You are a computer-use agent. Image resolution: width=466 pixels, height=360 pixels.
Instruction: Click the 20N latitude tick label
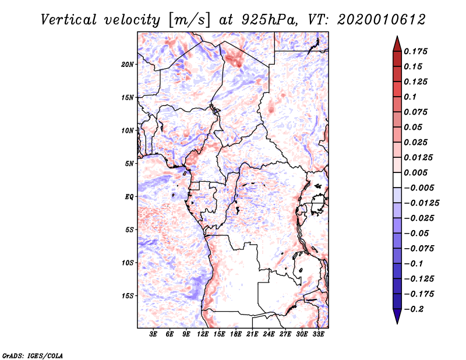pos(127,65)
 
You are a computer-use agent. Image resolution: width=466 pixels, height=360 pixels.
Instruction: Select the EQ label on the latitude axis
pos(129,197)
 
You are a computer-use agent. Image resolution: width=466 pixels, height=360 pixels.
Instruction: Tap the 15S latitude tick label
pos(127,296)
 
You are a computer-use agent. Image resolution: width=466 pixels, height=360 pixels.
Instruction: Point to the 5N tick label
pos(129,164)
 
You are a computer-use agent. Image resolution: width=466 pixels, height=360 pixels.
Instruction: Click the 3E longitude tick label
pos(153,334)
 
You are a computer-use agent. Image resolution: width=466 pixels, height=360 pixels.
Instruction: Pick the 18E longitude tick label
pos(236,334)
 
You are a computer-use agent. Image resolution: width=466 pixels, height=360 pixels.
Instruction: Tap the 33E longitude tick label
pos(318,334)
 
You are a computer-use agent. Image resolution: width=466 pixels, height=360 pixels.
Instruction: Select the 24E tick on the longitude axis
pos(269,334)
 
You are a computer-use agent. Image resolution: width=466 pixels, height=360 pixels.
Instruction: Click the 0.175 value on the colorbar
pos(415,51)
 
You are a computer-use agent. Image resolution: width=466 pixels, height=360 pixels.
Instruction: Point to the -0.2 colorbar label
pos(414,309)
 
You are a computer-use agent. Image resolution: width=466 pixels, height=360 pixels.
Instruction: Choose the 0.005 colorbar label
pos(415,172)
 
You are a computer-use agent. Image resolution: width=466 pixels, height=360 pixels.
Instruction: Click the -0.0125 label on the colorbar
pos(421,203)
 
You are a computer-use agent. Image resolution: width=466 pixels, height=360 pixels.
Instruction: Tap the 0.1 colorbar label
pos(410,97)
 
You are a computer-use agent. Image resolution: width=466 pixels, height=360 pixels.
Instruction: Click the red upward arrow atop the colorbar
pos(397,44)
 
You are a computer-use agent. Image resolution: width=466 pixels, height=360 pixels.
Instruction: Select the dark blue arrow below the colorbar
pos(397,316)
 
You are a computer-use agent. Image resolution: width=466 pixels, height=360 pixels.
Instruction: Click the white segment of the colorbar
pos(397,180)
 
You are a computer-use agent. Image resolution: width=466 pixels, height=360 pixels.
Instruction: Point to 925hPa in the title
pos(269,20)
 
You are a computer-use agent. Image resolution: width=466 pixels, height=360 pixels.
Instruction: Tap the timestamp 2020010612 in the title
pos(382,20)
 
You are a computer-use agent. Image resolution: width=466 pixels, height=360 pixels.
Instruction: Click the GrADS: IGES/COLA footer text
pos(33,356)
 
